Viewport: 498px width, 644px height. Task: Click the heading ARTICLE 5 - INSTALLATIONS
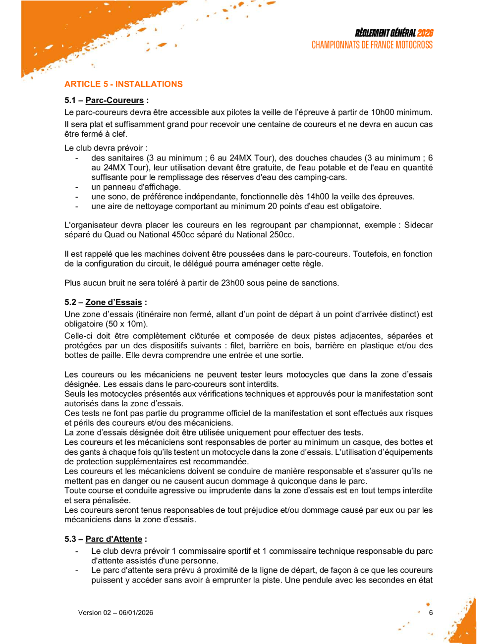click(123, 84)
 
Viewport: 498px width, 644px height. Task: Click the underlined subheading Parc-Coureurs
click(114, 101)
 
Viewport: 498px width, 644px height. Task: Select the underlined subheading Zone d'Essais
click(113, 303)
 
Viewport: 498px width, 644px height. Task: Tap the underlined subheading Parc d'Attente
click(113, 539)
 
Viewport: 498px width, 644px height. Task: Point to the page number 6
click(431, 613)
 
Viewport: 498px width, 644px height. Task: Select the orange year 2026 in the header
click(425, 33)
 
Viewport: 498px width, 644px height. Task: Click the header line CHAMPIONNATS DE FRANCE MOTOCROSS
click(372, 45)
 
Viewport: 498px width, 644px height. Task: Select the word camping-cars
click(322, 177)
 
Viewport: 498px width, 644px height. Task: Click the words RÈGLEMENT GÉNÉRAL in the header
click(385, 33)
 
